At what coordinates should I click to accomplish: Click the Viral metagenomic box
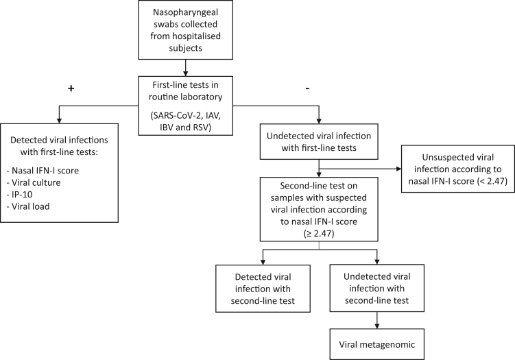coord(377,344)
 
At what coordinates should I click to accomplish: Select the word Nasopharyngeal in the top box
coord(186,12)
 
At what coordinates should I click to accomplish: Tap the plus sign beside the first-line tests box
coord(71,88)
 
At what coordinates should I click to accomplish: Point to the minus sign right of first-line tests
coord(307,88)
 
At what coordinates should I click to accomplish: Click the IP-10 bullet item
coord(19,195)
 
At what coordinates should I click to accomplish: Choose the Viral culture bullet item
coord(34,182)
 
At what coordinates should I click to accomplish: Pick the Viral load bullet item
coord(28,206)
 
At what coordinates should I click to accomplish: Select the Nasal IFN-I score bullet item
coord(43,171)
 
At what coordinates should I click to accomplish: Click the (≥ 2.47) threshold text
coord(319,234)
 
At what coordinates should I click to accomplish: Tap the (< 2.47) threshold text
coord(492,181)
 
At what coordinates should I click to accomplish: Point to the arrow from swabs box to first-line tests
coord(186,68)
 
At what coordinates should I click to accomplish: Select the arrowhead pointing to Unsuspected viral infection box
coord(398,169)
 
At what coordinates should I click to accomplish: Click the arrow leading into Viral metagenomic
coord(377,320)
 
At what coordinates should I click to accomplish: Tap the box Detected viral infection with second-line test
coord(263,289)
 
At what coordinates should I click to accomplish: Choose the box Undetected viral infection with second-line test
coord(377,288)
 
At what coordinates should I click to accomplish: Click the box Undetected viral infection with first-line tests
coord(319,141)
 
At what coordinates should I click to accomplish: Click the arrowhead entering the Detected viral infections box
coord(59,121)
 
